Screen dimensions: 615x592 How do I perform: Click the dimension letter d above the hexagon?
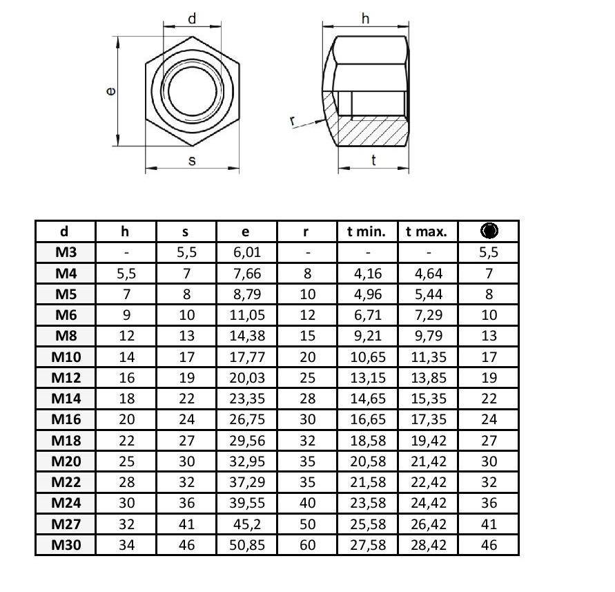point(192,19)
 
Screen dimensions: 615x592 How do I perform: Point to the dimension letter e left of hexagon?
point(111,91)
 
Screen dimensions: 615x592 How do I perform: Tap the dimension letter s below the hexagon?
point(192,160)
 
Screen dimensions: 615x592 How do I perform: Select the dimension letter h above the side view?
point(365,18)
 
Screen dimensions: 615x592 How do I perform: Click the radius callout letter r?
point(293,120)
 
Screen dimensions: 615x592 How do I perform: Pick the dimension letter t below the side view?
point(373,160)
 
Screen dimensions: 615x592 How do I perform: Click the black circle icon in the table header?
point(489,231)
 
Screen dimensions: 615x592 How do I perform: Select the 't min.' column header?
point(367,231)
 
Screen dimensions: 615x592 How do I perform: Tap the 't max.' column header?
point(427,231)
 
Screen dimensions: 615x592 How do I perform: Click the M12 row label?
point(66,378)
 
